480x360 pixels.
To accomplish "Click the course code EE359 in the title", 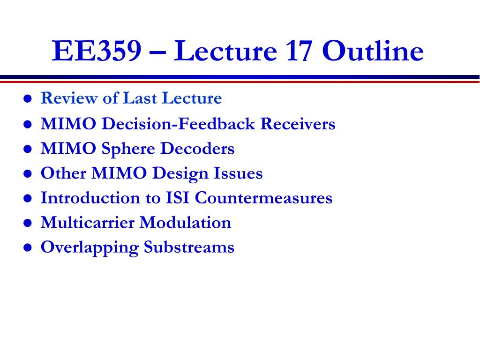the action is [97, 51].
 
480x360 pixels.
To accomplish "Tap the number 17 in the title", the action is [299, 51].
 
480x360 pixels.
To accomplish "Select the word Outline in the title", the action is [373, 51].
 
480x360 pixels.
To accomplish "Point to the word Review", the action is [69, 98].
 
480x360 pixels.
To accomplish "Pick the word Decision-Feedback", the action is [178, 124].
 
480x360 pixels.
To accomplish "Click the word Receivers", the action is [298, 124].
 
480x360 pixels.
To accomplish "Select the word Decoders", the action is [197, 149].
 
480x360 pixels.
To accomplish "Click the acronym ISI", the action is [177, 198].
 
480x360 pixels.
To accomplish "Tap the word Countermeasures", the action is [263, 198].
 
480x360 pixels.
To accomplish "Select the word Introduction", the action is [90, 198].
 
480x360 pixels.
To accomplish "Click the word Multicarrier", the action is [88, 222].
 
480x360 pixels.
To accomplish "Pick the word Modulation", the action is [186, 222].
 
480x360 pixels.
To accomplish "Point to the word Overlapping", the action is [90, 247].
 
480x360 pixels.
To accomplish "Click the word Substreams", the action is [189, 247].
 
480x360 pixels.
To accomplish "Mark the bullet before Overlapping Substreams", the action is [28, 247].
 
